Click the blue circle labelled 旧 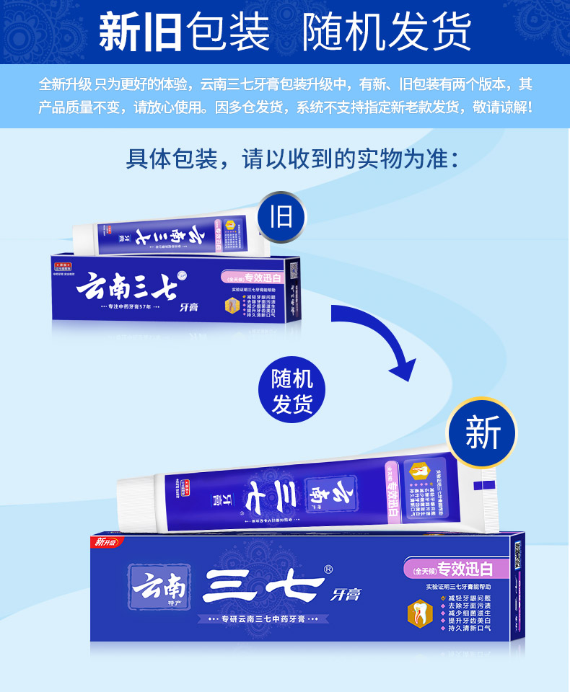pos(281,216)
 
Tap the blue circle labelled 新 pos(483,432)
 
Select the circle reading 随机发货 pos(292,393)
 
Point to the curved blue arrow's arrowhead pos(405,369)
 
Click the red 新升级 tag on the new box pos(108,542)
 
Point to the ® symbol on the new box pos(329,569)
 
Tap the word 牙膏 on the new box pos(346,595)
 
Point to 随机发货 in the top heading pos(386,32)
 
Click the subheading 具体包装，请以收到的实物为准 pos(292,159)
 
